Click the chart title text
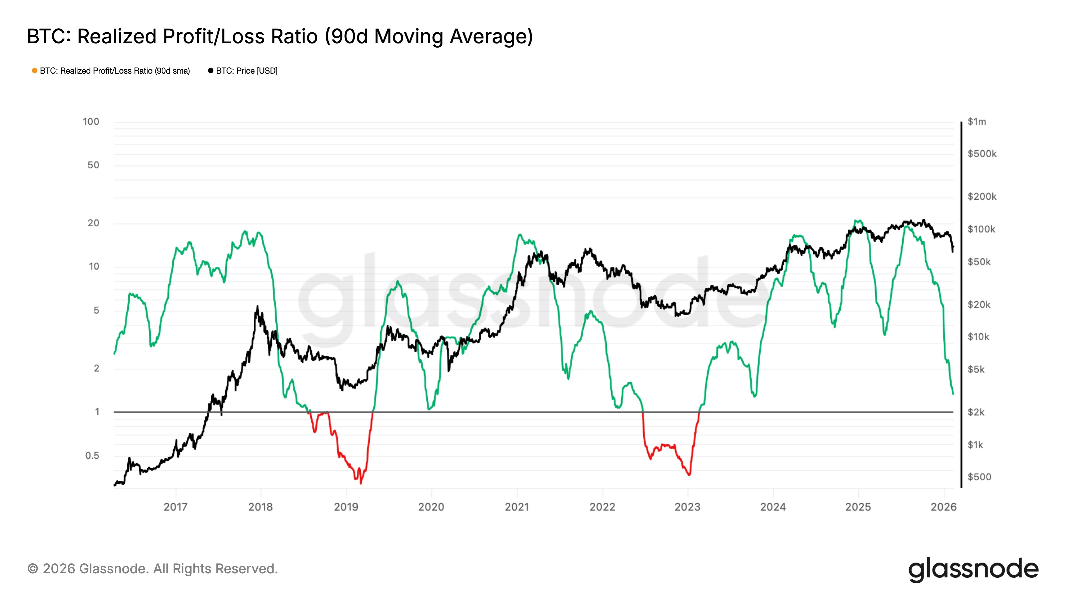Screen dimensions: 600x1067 point(280,36)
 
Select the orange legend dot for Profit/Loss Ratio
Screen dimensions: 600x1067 point(35,71)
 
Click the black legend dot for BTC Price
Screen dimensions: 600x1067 point(211,71)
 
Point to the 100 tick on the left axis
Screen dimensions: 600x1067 point(91,122)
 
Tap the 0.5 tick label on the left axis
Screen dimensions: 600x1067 point(92,455)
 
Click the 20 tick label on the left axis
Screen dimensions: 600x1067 point(94,223)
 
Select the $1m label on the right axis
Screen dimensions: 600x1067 point(977,122)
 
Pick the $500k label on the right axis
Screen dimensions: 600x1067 point(982,154)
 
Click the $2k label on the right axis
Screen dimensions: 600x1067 point(976,412)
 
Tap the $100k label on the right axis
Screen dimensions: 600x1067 point(981,229)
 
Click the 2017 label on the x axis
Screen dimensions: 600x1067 point(176,507)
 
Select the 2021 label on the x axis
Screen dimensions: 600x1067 point(517,507)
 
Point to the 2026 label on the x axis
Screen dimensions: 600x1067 point(944,507)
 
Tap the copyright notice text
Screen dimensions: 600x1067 point(152,569)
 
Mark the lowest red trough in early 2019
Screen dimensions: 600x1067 point(361,483)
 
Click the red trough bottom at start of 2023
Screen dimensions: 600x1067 point(689,475)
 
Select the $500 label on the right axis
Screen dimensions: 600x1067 point(979,477)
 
